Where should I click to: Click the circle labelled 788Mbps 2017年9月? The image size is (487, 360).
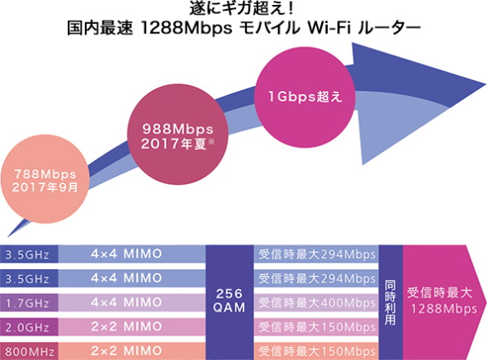point(45,179)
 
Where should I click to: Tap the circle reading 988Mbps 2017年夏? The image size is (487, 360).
point(177,135)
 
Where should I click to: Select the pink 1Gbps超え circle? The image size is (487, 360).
point(305,97)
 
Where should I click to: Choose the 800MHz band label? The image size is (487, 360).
point(29,351)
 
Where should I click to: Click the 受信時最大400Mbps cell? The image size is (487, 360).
point(316,303)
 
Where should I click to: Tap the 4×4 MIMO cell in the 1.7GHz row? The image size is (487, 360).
point(132,303)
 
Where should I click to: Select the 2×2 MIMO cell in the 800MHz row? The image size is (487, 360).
point(132,351)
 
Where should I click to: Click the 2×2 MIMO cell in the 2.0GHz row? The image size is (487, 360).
point(132,327)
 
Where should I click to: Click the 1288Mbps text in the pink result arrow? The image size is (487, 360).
point(444,309)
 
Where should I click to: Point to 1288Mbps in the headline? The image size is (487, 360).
point(187,28)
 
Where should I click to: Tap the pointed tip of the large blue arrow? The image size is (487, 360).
point(485,84)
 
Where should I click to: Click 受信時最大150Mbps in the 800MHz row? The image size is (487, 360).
point(316,351)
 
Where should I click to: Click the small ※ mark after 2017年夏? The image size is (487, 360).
point(211,142)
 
